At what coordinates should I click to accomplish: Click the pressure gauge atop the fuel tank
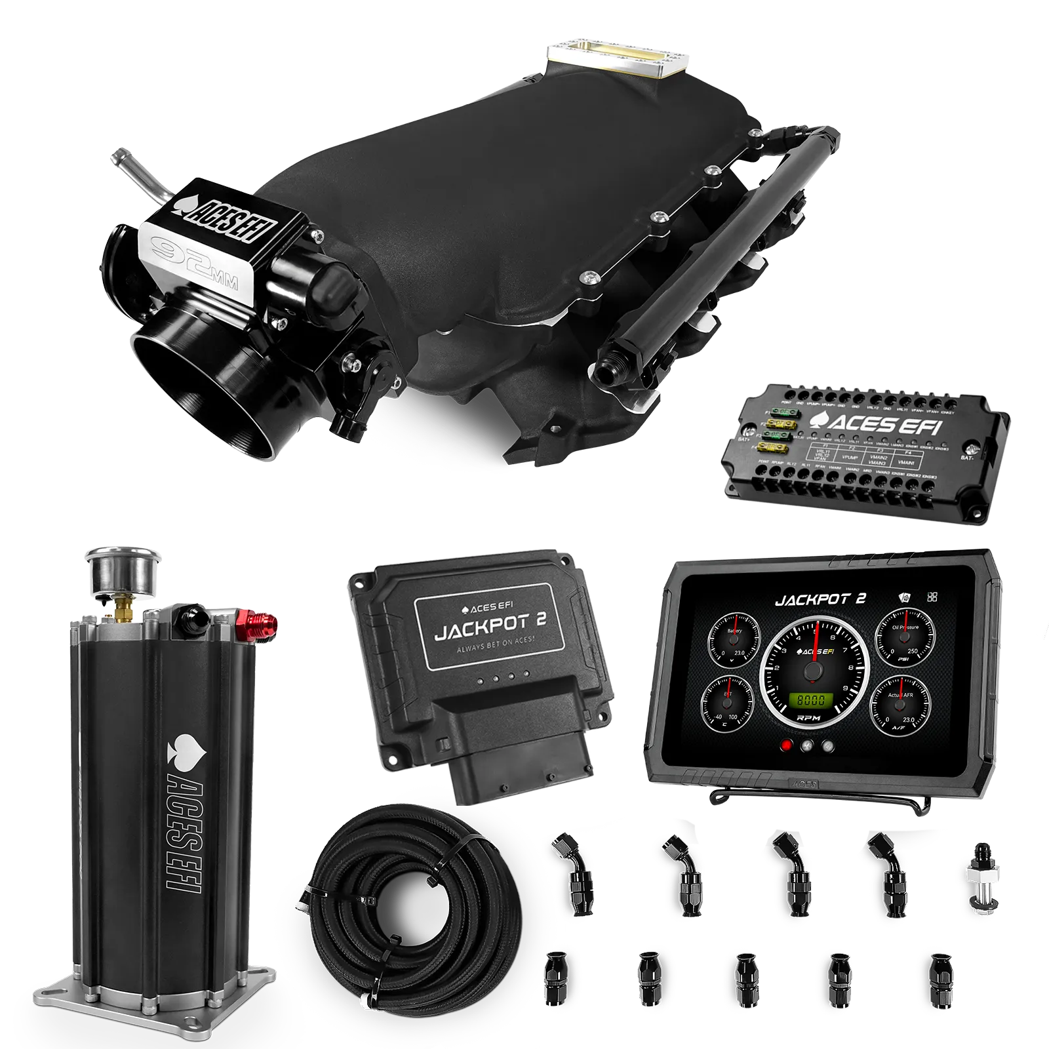117,569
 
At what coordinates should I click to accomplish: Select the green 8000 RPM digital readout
810,700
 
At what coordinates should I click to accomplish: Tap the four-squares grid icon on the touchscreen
933,597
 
